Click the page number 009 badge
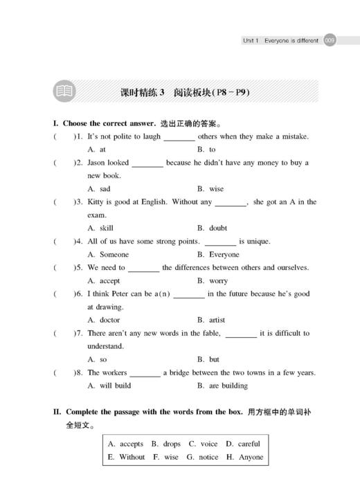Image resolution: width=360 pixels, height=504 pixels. click(330, 41)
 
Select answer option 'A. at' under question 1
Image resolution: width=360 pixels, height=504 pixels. click(96, 150)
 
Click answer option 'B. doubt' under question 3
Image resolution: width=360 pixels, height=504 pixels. click(213, 228)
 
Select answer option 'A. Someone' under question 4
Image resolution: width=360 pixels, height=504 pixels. click(108, 255)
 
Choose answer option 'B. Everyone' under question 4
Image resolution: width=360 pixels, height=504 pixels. click(218, 255)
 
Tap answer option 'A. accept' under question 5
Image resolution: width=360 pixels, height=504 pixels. click(103, 281)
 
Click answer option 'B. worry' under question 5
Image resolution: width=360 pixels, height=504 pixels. click(213, 281)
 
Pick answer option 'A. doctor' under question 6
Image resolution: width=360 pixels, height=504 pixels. click(104, 320)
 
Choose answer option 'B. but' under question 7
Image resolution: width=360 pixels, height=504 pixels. click(208, 359)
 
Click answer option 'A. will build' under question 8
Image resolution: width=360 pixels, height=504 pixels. click(109, 386)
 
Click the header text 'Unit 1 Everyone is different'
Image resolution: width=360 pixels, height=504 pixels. click(280, 41)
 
